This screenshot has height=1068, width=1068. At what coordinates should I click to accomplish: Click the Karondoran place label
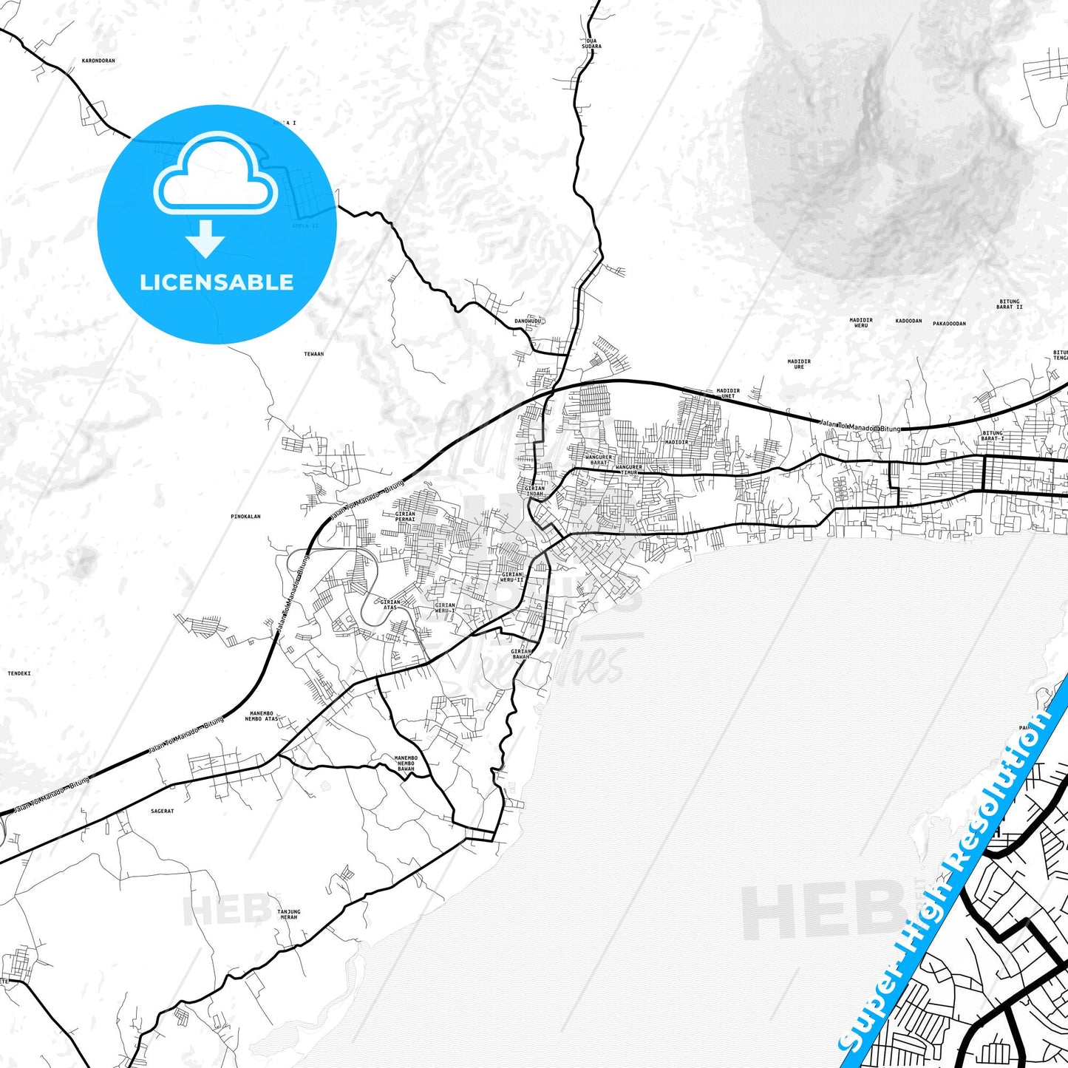[x=98, y=61]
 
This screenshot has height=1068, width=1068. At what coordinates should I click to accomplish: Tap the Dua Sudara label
[x=591, y=44]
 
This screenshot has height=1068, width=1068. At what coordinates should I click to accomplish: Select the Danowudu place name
[x=528, y=321]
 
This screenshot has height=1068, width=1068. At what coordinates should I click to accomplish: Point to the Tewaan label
[x=314, y=354]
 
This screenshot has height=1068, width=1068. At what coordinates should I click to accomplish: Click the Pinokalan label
[x=245, y=517]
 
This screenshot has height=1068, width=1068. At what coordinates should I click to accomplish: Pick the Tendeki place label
[x=19, y=673]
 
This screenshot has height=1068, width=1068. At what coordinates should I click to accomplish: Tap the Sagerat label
[x=163, y=811]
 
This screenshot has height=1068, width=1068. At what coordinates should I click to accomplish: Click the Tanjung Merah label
[x=288, y=914]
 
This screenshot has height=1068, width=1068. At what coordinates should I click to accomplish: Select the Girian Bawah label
[x=521, y=654]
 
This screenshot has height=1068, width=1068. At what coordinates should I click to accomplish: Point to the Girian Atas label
[x=390, y=605]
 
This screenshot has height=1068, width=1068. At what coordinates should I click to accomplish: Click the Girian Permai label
[x=405, y=516]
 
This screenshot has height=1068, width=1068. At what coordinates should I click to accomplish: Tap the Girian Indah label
[x=534, y=491]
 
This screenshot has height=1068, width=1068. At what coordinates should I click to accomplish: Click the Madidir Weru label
[x=861, y=323]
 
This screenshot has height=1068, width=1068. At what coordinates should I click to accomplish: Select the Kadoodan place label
[x=908, y=321]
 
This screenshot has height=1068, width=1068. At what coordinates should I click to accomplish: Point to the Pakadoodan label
[x=949, y=323]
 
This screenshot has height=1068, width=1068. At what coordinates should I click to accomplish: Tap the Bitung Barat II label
[x=1009, y=304]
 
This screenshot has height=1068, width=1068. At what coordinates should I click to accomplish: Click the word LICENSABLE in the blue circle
[x=217, y=282]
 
